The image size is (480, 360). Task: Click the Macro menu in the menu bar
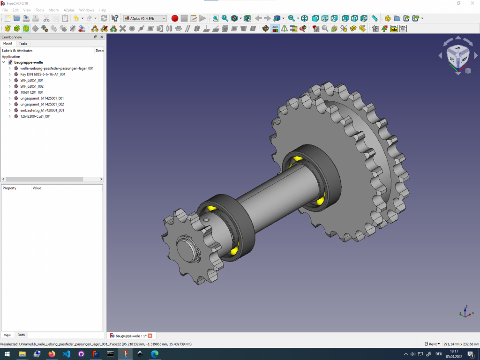click(x=53, y=10)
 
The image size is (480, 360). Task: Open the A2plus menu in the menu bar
click(x=69, y=10)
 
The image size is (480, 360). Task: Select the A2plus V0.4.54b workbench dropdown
click(x=145, y=18)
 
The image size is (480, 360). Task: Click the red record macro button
click(x=175, y=18)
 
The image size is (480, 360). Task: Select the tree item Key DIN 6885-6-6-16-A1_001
click(x=42, y=74)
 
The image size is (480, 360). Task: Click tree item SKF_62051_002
click(x=32, y=86)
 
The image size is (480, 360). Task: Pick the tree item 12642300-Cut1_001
click(x=35, y=116)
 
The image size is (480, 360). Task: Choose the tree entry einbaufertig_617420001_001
click(x=42, y=110)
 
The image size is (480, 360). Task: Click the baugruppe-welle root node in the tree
click(x=29, y=62)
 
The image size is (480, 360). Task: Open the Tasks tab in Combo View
click(x=23, y=44)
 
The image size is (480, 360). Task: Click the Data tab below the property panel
click(x=21, y=335)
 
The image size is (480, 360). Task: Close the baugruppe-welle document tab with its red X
click(x=150, y=336)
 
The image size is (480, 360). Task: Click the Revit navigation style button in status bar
click(x=432, y=344)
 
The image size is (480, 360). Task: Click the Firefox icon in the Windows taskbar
click(x=51, y=354)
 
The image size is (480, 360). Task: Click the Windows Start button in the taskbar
click(x=7, y=354)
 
